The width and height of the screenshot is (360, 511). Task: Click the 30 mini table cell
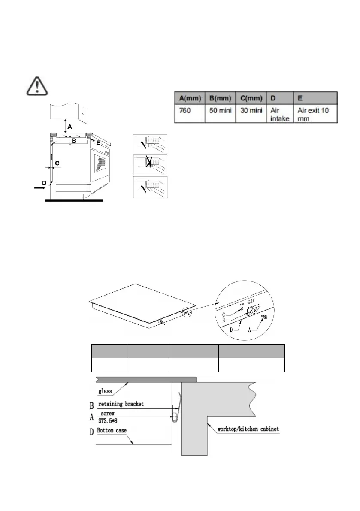tap(250, 110)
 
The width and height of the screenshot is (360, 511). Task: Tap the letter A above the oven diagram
tap(70, 127)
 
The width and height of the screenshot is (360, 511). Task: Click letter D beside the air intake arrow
tap(44, 184)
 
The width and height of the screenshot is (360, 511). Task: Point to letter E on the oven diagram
tap(98, 143)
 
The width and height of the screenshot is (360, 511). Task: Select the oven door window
tap(100, 164)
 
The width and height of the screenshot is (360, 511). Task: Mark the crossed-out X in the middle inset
tap(151, 164)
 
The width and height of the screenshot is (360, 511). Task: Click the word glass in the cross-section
tap(106, 391)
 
